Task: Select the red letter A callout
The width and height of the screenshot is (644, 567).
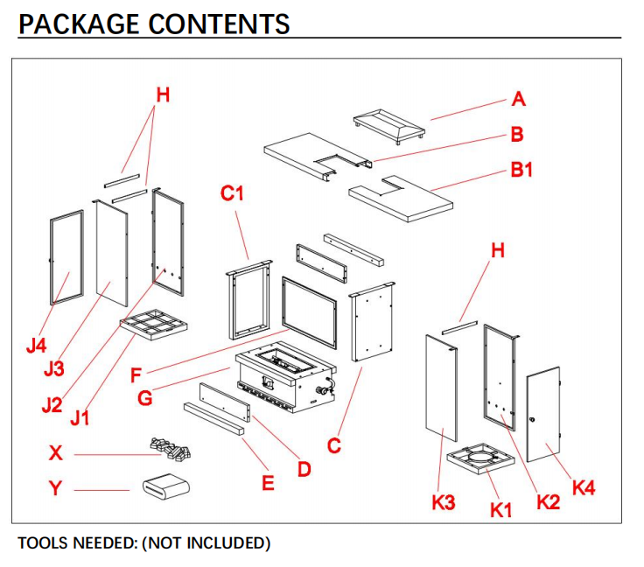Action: [519, 100]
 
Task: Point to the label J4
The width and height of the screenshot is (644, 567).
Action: [36, 346]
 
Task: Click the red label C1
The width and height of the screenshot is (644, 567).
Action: [232, 193]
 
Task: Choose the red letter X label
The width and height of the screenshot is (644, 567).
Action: [56, 453]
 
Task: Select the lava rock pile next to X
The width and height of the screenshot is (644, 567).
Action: [170, 449]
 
